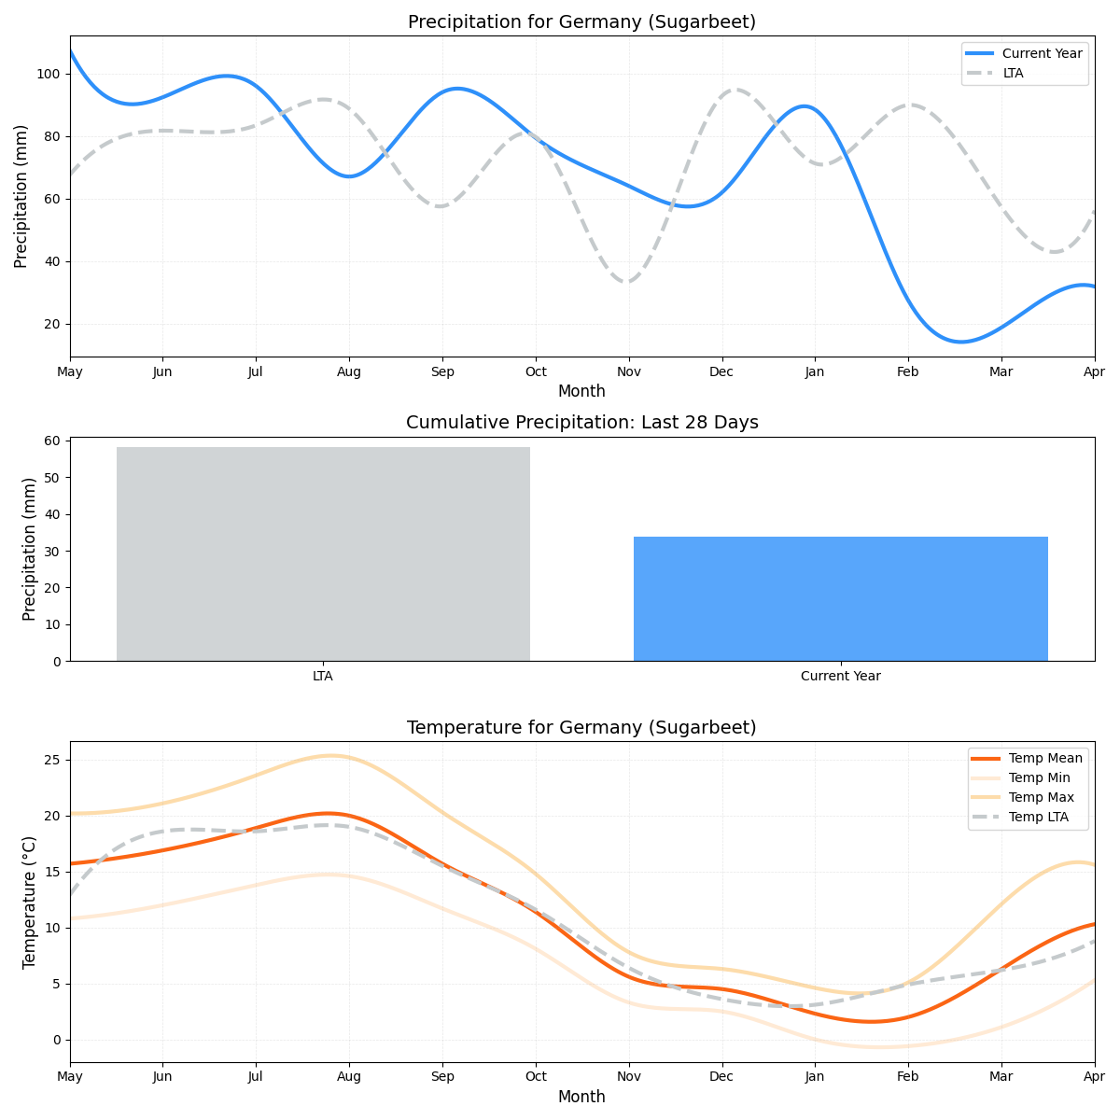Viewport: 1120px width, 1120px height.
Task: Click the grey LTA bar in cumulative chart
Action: point(323,554)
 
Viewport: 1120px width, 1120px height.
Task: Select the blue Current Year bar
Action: point(840,598)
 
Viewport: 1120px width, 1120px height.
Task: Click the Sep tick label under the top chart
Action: point(442,371)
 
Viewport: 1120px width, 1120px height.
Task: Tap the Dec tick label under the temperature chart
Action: point(721,1077)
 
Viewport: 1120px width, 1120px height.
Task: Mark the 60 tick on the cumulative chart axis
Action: point(52,441)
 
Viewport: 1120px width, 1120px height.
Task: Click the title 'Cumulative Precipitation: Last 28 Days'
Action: point(581,423)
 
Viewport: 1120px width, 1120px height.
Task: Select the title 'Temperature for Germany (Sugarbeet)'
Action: point(581,727)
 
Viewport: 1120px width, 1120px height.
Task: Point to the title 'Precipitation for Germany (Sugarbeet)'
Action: point(581,22)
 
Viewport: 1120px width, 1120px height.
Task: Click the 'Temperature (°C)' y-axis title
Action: point(30,902)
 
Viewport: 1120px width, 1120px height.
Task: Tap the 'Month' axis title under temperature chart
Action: point(581,1097)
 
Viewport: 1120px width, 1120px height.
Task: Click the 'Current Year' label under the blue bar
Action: point(840,676)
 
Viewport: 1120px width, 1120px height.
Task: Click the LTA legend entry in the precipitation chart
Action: point(1013,73)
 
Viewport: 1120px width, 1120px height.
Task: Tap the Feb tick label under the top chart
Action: point(908,371)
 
